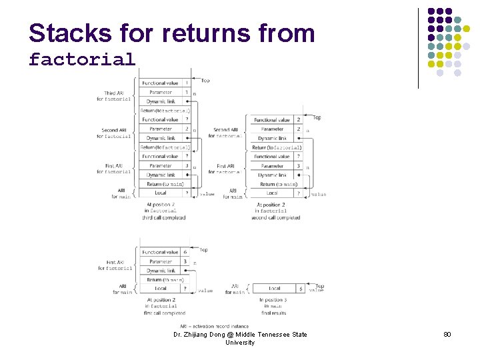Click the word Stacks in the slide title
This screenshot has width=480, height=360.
coord(65,33)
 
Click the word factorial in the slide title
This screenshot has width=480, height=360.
coord(81,59)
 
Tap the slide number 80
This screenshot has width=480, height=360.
coord(447,334)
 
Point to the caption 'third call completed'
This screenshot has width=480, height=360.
coord(163,217)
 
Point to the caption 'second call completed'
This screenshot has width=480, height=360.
coord(276,217)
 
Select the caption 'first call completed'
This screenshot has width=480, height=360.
coord(165,313)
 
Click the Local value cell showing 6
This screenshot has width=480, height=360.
coord(301,289)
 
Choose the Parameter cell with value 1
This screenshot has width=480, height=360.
coord(186,92)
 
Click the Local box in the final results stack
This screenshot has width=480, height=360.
coord(274,289)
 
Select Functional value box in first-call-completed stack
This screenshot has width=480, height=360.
coord(161,252)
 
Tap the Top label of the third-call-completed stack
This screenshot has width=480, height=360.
coord(205,81)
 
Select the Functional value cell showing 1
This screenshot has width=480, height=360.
coord(186,83)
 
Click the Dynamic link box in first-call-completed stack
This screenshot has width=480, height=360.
coord(161,271)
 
